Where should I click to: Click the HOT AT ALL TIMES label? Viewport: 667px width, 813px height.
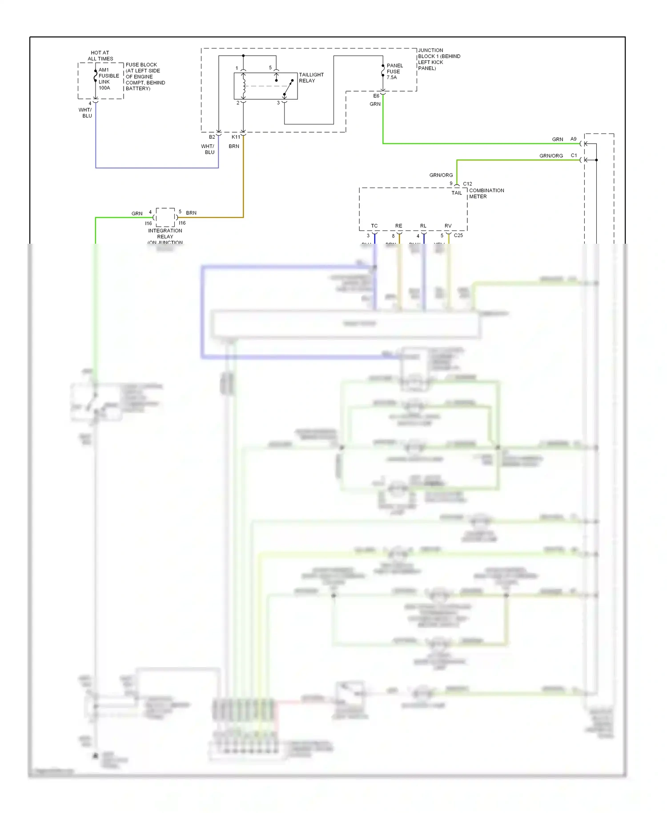pos(100,56)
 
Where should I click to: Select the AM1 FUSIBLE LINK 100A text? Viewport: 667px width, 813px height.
pos(108,79)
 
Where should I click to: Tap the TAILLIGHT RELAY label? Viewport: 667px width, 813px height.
pos(311,77)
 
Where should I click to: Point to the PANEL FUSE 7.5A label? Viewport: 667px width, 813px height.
pos(394,71)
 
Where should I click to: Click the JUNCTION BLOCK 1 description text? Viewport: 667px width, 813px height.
pos(438,59)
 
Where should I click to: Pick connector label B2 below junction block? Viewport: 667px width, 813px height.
pos(212,137)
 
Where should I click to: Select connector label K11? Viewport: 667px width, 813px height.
pos(236,137)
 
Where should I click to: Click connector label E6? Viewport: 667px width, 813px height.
pos(376,96)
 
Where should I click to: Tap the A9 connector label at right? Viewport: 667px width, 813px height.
pos(573,139)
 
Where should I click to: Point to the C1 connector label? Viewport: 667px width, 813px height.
pos(574,156)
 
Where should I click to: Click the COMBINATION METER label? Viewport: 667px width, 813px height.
pos(486,193)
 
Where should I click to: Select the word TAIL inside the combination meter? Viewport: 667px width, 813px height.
pos(457,193)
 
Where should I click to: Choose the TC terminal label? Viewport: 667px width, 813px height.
pos(374,226)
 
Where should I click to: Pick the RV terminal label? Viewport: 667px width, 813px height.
pos(448,226)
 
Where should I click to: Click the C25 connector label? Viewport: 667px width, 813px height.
pos(458,235)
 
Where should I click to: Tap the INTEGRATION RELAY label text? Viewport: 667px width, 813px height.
pos(165,233)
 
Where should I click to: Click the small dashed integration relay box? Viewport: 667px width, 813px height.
pos(165,217)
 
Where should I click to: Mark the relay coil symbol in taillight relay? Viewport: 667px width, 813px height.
pos(243,86)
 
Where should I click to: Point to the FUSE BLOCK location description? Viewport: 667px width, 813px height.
pos(145,76)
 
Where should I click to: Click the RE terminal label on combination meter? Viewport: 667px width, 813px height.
pos(398,226)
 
